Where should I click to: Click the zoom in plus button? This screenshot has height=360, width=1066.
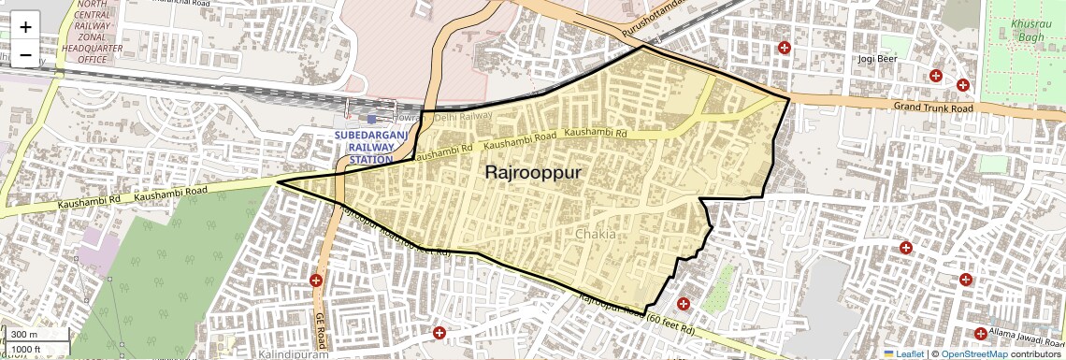point(25,26)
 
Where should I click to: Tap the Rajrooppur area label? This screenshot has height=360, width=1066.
point(533,173)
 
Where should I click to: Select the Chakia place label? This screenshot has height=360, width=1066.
point(596,234)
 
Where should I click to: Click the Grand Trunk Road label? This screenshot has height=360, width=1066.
point(933,108)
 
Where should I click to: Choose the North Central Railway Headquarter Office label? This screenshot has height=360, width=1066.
point(92,34)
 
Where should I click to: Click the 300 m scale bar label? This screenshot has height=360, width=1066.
point(25,334)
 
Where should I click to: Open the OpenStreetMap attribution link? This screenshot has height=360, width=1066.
point(973,353)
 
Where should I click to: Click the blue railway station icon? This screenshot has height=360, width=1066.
point(372,119)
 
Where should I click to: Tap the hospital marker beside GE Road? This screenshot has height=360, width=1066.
point(316,281)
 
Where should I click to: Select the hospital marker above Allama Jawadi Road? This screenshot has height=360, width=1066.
point(980,334)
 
